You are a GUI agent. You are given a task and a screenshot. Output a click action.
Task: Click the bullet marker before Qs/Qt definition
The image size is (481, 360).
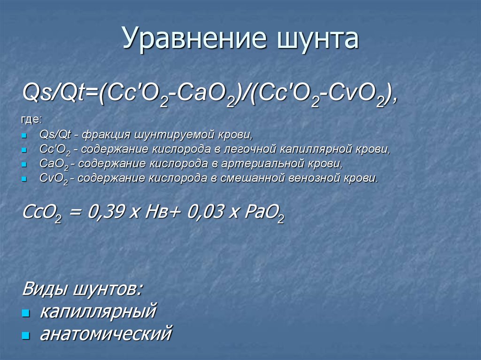coord(25,136)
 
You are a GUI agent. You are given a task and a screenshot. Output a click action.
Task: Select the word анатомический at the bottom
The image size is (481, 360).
coord(106,334)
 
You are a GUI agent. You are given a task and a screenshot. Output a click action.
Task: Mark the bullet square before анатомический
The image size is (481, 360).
coord(26,336)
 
